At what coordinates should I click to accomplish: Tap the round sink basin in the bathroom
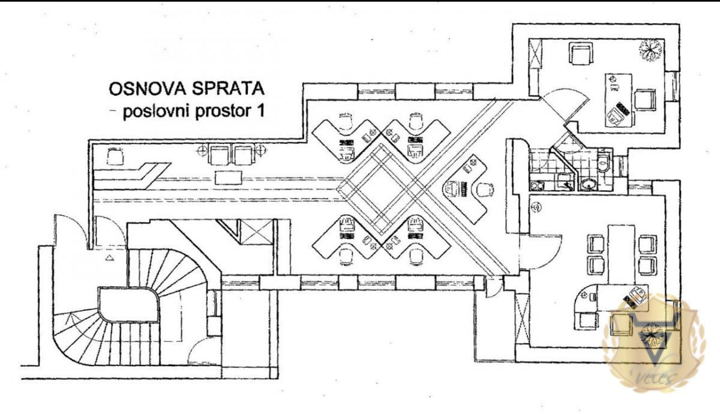(589, 184)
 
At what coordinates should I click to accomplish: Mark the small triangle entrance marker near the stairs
(110, 258)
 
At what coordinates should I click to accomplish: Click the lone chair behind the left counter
(115, 157)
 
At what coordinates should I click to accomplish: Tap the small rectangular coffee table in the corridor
(229, 176)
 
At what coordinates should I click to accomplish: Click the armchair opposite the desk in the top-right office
(580, 54)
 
